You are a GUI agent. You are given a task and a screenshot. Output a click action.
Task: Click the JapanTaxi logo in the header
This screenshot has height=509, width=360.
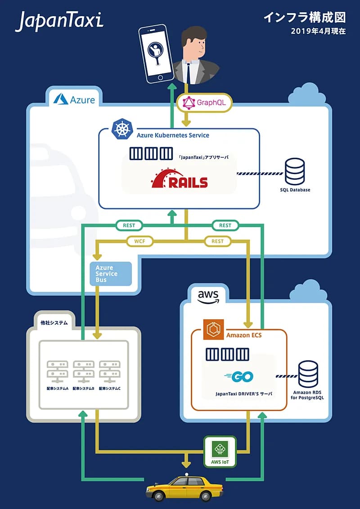click(x=59, y=22)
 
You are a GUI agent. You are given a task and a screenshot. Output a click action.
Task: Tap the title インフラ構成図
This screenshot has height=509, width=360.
click(x=304, y=18)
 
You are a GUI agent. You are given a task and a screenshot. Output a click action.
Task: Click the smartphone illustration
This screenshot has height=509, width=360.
click(x=156, y=54)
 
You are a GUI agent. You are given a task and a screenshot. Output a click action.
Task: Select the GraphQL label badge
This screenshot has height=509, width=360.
click(x=205, y=103)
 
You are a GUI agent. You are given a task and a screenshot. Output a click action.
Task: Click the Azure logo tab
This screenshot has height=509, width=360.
click(x=74, y=99)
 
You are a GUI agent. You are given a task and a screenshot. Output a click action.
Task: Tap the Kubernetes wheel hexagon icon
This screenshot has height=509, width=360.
click(x=121, y=129)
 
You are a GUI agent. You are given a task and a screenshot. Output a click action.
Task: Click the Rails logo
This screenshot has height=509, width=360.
click(x=180, y=179)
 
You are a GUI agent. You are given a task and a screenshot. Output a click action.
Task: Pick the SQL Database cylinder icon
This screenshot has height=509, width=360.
click(x=295, y=170)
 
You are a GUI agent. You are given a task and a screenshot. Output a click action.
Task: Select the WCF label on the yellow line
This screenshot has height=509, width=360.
click(x=140, y=241)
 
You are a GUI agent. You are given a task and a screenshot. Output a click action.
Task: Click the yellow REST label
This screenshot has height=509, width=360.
click(x=217, y=241)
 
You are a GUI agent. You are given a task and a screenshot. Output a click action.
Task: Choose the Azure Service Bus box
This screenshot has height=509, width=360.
click(x=111, y=274)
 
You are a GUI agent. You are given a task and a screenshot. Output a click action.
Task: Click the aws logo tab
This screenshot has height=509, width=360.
click(x=208, y=296)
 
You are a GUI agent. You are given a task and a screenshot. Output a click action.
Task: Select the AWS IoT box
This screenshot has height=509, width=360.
click(x=220, y=451)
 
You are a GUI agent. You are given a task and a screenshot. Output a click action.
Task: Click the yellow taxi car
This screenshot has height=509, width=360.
click(x=184, y=488)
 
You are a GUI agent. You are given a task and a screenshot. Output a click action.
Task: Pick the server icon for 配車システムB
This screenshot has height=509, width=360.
click(x=83, y=369)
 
